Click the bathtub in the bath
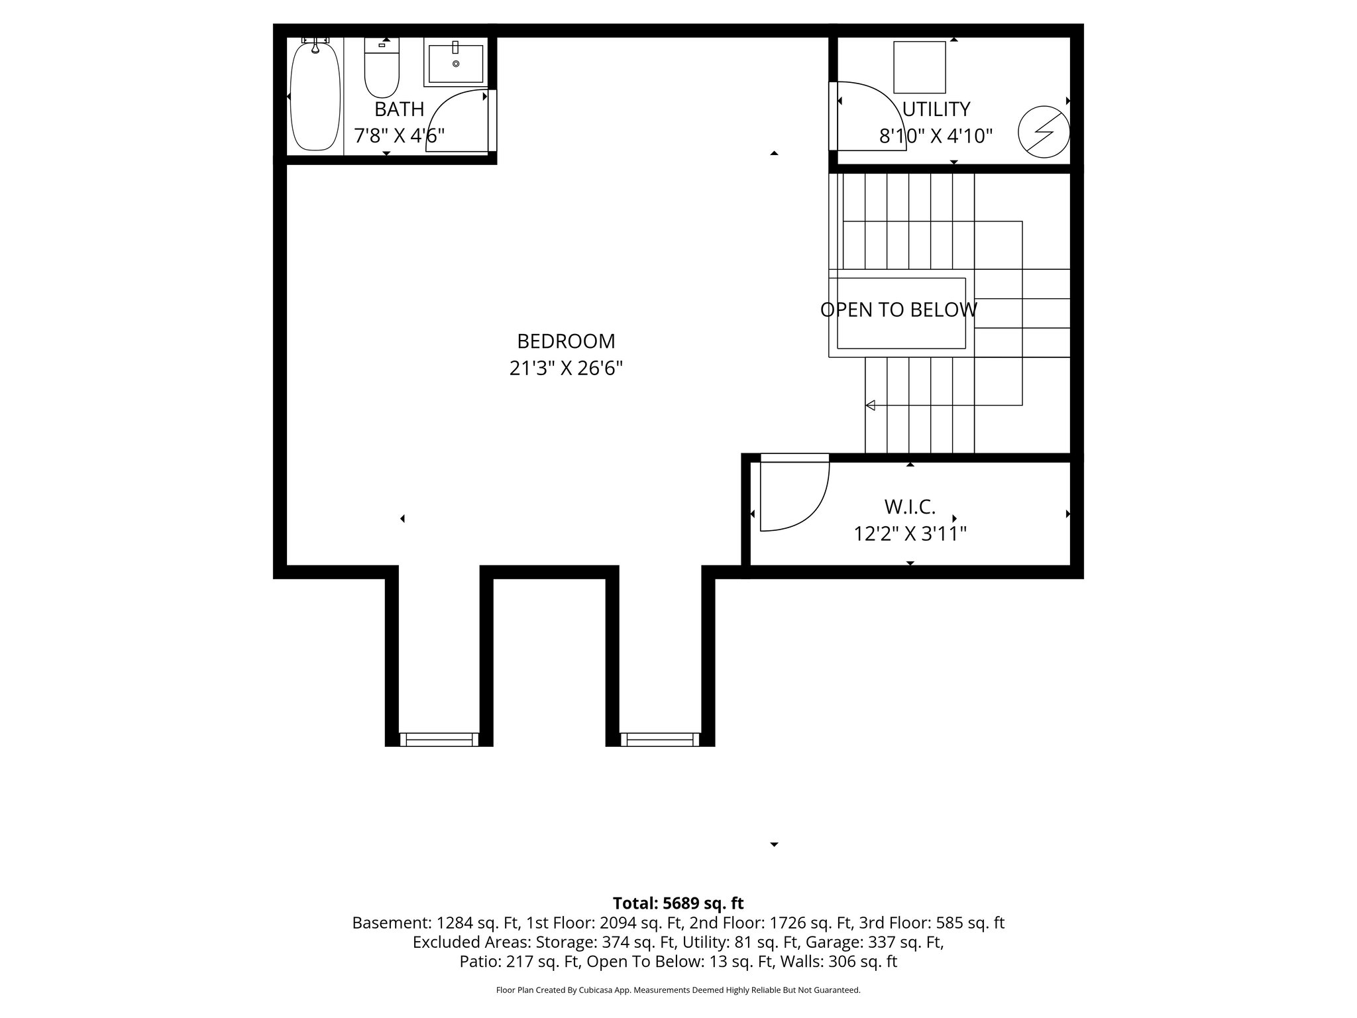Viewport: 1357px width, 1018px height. [x=315, y=96]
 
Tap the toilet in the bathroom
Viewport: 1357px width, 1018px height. [x=382, y=70]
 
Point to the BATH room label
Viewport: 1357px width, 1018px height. [x=399, y=109]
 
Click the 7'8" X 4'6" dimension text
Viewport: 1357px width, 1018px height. [x=399, y=136]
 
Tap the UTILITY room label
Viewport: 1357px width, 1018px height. [x=936, y=109]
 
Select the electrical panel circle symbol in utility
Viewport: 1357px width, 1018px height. [x=1044, y=132]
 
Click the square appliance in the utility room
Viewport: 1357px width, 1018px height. [x=920, y=67]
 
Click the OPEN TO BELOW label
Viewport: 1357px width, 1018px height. [x=898, y=310]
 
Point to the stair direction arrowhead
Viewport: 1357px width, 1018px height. [x=870, y=405]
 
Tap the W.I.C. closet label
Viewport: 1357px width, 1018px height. [x=910, y=507]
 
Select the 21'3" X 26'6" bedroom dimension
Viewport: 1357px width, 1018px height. [x=566, y=368]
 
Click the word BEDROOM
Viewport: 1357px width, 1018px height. [x=566, y=341]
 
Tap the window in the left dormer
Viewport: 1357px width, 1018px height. [x=439, y=739]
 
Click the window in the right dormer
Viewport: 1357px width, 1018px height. [x=660, y=739]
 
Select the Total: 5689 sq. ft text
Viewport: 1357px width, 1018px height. [x=678, y=903]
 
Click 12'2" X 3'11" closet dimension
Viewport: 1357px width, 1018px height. [x=910, y=534]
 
